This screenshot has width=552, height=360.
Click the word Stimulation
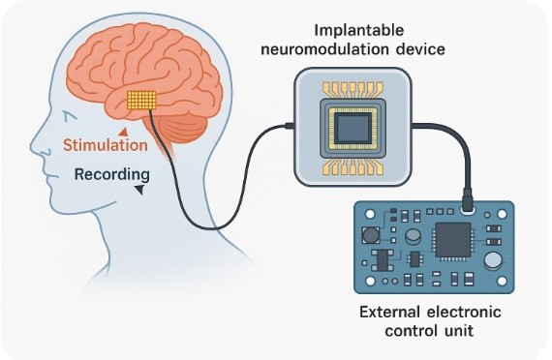106,145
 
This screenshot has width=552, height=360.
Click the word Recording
112,175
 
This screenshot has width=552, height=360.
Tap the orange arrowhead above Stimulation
123,133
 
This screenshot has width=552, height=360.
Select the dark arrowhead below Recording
139,190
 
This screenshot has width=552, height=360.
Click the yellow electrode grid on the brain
141,100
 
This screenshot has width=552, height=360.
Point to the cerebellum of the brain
184,128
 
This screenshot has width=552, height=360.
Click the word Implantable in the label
358,31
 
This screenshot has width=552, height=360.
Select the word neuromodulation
325,49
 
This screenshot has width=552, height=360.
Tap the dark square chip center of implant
353,129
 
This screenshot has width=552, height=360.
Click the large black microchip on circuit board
453,240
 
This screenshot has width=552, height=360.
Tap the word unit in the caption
457,331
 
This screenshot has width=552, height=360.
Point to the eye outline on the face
71,116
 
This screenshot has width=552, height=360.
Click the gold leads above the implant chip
353,91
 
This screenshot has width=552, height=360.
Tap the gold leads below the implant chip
353,166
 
